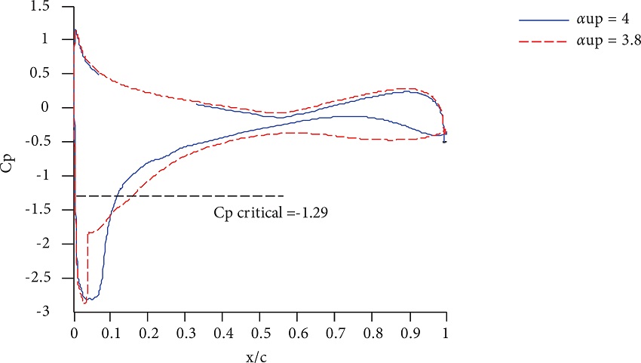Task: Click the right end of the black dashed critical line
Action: (284, 195)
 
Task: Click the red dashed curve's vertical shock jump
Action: (88, 264)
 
